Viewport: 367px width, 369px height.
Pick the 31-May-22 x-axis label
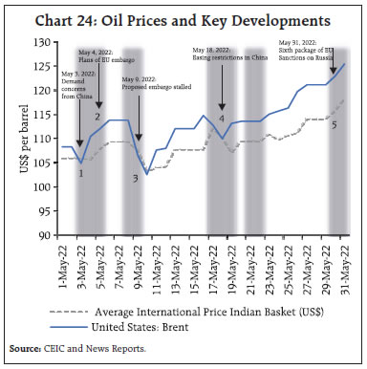pos(344,264)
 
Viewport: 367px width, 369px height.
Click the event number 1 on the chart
pos(81,173)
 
